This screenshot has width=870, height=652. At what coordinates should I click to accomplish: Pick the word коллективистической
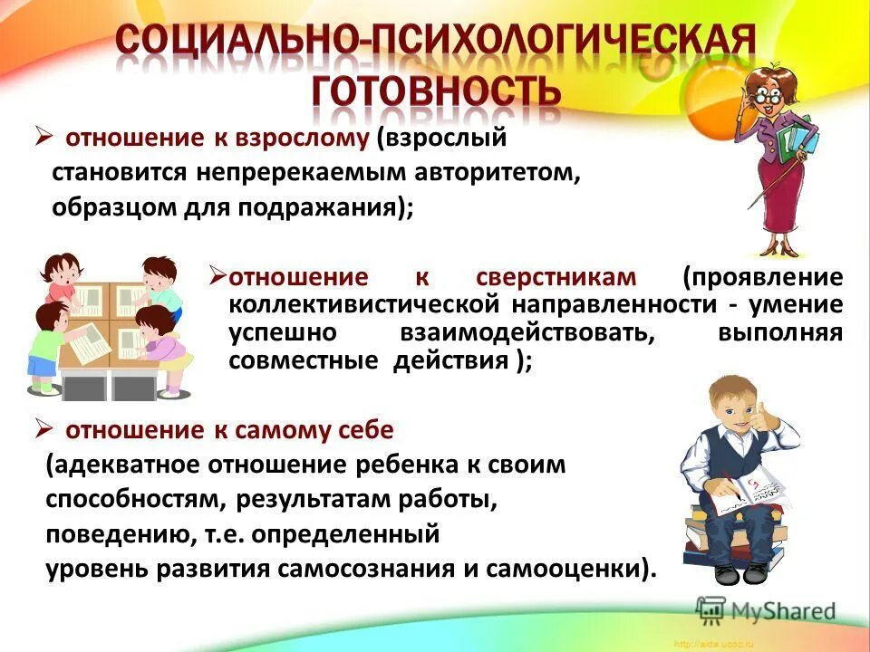[359, 304]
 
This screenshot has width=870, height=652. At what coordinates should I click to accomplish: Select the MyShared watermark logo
[767, 609]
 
